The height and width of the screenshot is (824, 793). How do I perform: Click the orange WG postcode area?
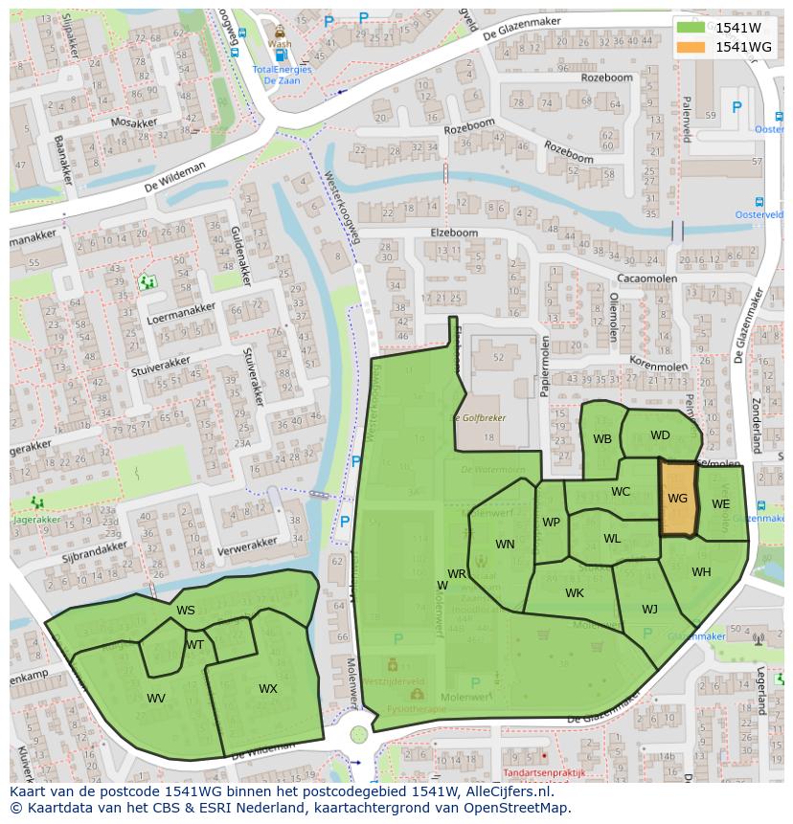677,500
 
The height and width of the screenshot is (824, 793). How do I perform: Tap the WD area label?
660,435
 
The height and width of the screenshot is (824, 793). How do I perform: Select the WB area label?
601,440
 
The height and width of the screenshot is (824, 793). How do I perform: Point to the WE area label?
721,504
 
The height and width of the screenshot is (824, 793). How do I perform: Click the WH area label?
701,572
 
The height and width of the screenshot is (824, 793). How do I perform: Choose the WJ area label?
649,610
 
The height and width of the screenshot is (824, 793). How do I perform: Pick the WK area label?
575,593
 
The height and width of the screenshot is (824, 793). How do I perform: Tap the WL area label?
612,539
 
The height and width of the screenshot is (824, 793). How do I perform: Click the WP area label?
551,523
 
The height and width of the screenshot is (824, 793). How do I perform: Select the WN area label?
505,545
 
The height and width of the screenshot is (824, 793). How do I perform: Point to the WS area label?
186,611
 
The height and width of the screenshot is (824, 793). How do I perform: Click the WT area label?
194,645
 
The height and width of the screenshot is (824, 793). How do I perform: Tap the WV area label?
156,699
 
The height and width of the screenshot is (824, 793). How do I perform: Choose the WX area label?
268,689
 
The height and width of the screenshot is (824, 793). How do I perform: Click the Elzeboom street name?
455,233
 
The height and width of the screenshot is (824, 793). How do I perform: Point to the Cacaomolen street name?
646,278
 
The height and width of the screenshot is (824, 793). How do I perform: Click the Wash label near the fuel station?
280,43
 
